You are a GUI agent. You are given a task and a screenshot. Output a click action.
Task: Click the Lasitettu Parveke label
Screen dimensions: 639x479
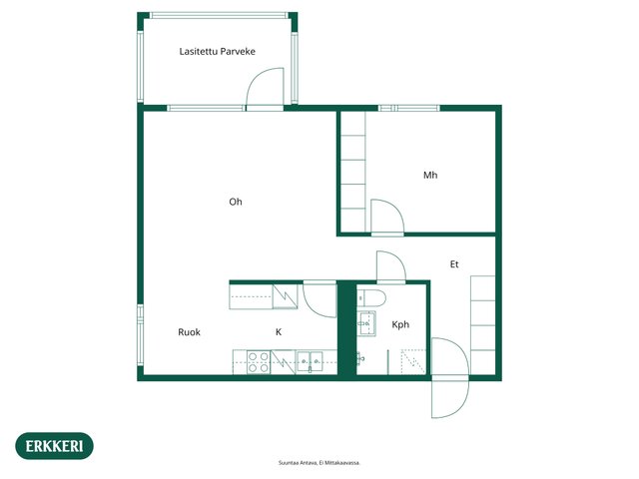pos(218,51)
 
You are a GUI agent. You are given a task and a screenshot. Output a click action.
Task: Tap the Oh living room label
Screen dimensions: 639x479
pos(236,202)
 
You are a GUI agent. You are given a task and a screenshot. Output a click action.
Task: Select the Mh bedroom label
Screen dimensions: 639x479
pos(430,176)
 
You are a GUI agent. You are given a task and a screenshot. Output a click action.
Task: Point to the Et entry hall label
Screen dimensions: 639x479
pos(454,264)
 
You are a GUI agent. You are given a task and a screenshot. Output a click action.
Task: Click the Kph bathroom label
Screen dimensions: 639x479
pos(400,324)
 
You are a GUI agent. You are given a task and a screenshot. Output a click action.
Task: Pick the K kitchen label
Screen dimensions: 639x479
pos(279,332)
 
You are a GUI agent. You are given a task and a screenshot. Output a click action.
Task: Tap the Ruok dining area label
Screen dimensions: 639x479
pos(189,332)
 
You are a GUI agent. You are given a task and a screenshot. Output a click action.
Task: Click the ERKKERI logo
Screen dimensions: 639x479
pos(54,446)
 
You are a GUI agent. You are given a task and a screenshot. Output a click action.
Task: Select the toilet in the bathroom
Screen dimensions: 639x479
pos(371,298)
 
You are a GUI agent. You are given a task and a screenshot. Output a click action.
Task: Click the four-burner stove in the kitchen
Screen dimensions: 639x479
pos(259,362)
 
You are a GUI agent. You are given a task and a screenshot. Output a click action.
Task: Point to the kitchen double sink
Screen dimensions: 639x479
pos(310,361)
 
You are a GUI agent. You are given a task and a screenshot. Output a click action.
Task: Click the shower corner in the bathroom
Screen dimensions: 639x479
pos(413,361)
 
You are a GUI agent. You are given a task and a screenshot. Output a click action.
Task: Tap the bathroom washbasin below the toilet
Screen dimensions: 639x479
pos(366,323)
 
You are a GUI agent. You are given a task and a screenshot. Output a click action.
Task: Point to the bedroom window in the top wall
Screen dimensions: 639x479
pos(409,108)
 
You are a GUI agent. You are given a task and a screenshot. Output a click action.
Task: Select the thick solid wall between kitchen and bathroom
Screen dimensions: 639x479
pos(346,328)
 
